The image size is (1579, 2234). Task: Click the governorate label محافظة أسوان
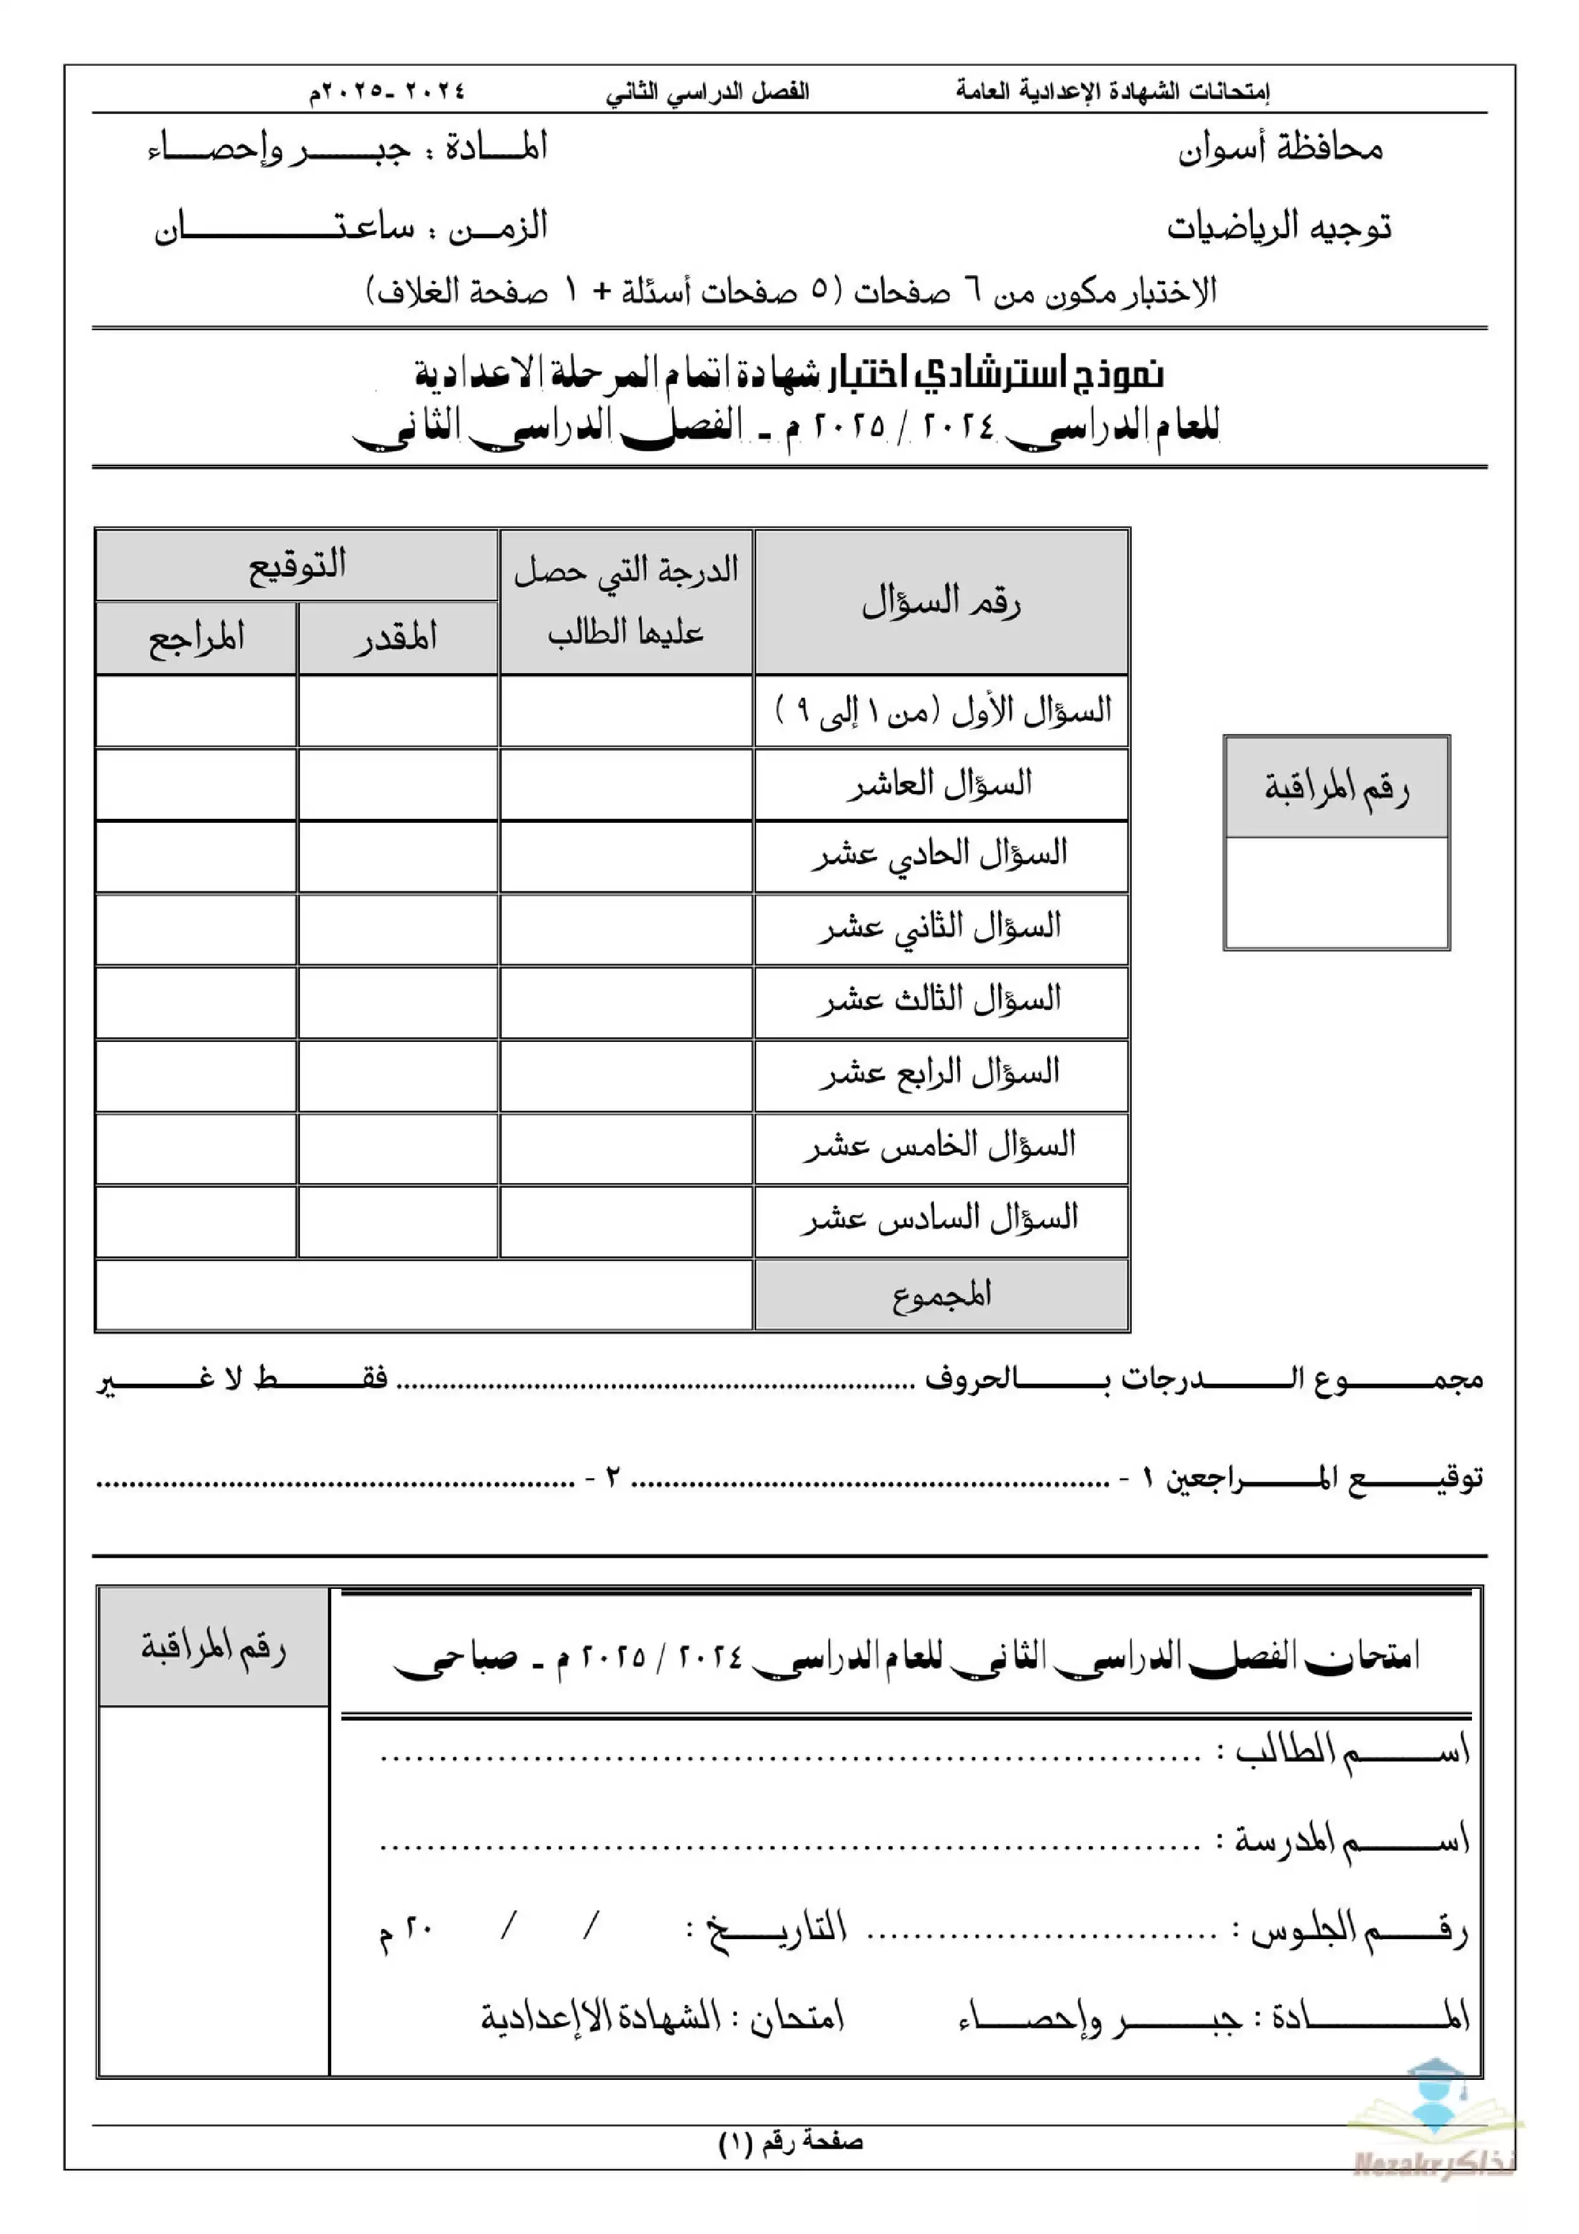point(1280,149)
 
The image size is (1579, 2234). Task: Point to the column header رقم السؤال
point(941,602)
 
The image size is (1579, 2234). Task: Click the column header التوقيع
point(297,566)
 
